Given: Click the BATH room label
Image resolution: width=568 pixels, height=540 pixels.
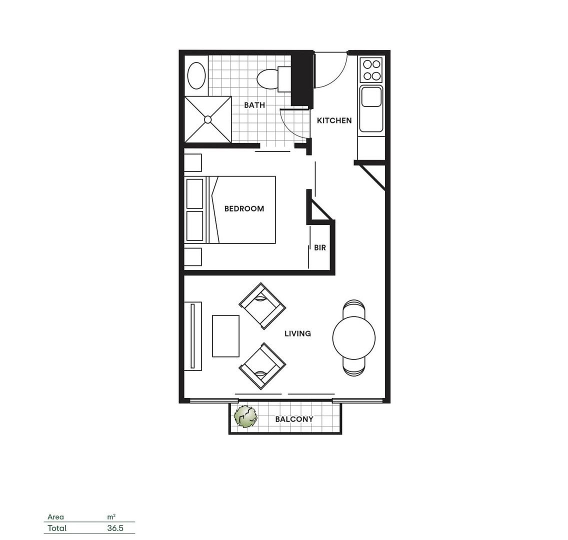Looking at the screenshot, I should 254,105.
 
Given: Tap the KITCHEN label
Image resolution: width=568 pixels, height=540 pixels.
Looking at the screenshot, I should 334,120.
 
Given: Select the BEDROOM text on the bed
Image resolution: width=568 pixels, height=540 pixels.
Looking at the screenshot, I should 244,208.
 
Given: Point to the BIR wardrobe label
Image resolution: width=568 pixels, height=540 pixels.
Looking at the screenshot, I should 320,247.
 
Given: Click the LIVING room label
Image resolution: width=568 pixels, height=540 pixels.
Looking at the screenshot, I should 297,333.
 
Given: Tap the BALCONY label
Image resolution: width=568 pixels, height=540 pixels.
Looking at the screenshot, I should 294,419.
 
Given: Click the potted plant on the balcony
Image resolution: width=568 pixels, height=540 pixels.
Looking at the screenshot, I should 245,416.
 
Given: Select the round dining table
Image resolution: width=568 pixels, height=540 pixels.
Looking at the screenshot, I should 353,338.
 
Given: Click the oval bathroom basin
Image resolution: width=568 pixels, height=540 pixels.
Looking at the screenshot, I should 196,76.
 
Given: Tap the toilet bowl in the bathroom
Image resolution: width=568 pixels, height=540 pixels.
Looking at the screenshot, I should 268,79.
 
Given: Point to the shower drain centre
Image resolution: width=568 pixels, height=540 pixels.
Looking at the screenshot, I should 208,119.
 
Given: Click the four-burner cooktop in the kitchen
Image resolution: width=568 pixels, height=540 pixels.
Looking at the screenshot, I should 371,70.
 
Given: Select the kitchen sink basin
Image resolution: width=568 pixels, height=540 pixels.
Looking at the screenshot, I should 371,96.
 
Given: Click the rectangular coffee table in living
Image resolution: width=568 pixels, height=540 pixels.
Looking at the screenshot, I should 225,336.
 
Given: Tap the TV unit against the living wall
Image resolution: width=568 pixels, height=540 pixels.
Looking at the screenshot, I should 193,336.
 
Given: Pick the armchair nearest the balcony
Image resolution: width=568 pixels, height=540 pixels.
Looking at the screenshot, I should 262,366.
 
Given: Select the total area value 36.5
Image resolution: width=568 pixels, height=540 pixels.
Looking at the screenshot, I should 115,528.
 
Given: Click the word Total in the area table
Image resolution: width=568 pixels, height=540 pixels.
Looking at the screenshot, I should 57,528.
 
